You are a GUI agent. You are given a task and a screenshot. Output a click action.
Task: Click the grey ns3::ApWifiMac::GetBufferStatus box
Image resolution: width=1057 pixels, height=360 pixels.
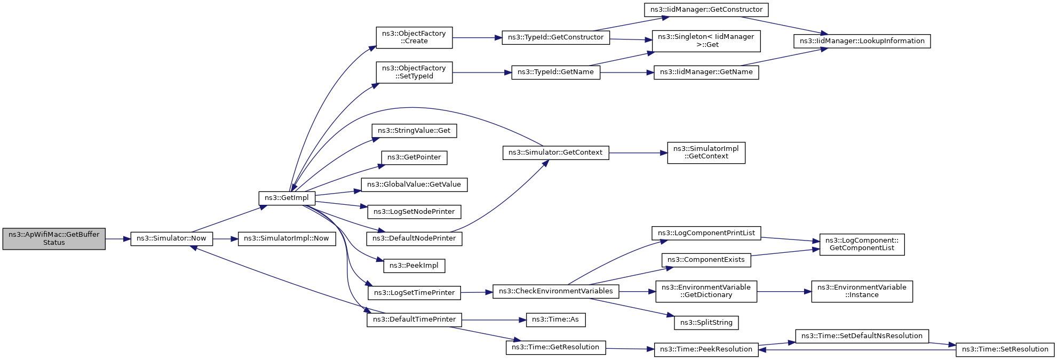[x=54, y=239]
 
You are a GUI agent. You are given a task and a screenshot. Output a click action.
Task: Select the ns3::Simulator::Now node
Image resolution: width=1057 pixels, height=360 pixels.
[x=171, y=238]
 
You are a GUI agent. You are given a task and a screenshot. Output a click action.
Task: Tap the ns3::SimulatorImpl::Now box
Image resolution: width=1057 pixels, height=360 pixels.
[x=287, y=238]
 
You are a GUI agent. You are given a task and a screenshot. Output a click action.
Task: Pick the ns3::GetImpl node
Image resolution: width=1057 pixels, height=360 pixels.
[x=287, y=198]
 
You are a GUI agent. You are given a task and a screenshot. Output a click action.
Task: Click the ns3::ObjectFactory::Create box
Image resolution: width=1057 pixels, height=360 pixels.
[x=414, y=37]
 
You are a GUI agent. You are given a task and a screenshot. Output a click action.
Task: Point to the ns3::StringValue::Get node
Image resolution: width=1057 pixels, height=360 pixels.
[x=414, y=131]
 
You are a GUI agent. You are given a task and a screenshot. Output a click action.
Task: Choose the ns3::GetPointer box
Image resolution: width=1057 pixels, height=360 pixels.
[x=414, y=157]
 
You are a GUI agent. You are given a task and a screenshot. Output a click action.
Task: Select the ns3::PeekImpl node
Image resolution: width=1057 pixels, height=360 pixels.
[x=414, y=266]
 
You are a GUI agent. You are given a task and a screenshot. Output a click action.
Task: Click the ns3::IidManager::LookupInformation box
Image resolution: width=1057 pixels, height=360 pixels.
[x=862, y=41]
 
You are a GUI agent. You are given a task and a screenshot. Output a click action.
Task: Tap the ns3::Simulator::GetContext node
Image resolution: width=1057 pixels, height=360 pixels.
[x=555, y=153]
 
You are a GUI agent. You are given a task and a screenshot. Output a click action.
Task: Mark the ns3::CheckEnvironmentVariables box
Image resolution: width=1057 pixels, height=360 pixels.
[x=555, y=291]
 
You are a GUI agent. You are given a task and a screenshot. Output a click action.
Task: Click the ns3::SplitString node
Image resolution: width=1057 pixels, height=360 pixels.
[x=706, y=323]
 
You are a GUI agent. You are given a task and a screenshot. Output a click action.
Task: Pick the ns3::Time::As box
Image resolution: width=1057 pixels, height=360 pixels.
[x=555, y=319]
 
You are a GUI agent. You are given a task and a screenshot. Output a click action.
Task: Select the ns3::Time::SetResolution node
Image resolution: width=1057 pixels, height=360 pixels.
[x=1005, y=349]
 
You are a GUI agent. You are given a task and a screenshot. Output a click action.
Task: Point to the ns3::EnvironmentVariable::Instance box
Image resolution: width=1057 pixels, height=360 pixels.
[x=862, y=291]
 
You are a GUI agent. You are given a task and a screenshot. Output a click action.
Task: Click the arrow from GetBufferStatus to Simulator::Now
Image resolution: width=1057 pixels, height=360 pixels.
[x=118, y=239]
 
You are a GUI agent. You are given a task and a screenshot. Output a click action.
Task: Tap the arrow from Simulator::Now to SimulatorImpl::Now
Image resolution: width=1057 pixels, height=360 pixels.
[x=225, y=239]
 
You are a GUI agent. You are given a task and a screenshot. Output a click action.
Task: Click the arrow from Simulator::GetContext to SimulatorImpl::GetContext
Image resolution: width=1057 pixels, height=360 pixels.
[x=638, y=153]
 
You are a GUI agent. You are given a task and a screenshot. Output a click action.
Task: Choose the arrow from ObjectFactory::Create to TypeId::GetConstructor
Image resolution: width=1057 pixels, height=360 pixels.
[x=477, y=38]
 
